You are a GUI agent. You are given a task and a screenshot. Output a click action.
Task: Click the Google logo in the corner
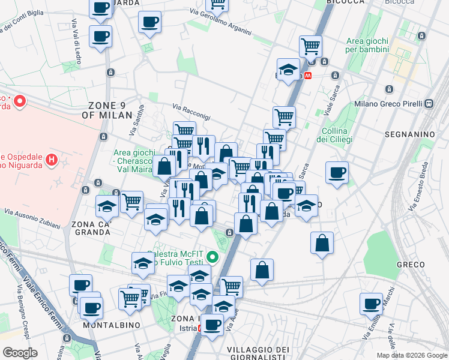click(21, 353)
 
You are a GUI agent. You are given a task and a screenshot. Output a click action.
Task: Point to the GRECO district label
click(411, 265)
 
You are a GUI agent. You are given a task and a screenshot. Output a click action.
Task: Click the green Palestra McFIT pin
click(212, 258)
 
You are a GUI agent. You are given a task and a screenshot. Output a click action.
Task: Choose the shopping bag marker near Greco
click(322, 243)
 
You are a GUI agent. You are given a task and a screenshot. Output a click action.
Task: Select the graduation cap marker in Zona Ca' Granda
click(107, 207)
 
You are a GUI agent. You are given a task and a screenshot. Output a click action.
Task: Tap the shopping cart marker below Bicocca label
click(310, 46)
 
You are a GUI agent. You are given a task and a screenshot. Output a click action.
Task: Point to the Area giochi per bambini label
click(367, 45)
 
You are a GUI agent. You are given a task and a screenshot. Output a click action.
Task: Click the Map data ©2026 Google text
click(411, 355)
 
